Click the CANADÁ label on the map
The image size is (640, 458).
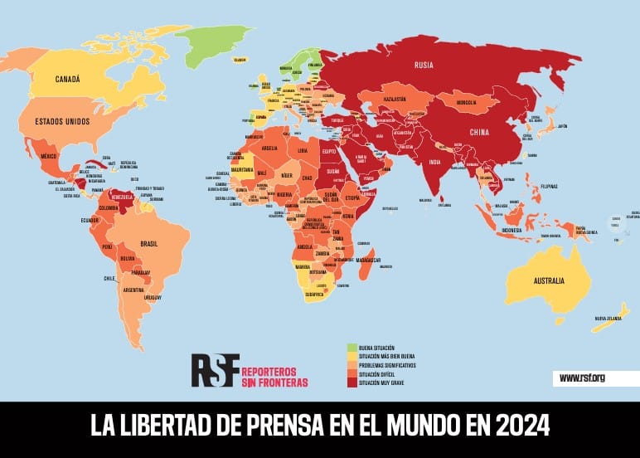tap(67, 80)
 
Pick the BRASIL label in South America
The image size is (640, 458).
tap(149, 243)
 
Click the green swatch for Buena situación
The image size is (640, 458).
tap(351, 347)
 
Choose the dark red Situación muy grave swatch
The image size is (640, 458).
tap(351, 382)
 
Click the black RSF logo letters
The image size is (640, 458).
tap(215, 370)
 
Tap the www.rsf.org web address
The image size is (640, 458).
tap(582, 378)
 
